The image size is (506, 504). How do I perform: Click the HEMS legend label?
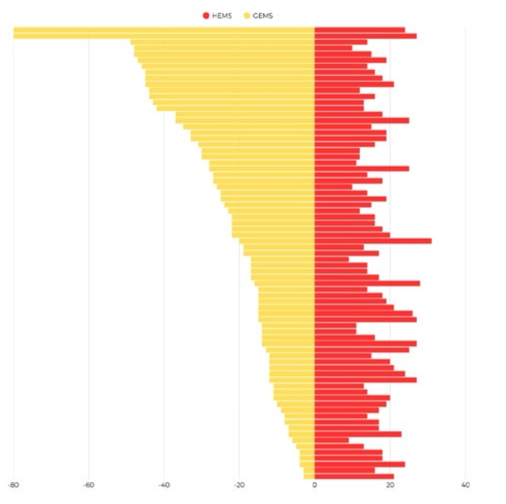[221, 16]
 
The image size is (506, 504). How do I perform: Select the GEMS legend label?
[263, 16]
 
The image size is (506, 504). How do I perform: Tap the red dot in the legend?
[206, 16]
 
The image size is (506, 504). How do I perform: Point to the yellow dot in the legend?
[247, 16]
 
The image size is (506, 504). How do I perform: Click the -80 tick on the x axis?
[13, 485]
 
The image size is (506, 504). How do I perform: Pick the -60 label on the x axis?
[89, 485]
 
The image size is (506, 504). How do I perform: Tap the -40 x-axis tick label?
[164, 485]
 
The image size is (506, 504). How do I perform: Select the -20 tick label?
[239, 485]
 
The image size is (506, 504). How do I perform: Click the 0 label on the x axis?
[314, 485]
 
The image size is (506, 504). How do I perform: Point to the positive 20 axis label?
[390, 485]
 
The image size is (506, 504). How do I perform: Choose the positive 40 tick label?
[465, 485]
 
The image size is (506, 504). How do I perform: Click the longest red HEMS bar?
[373, 241]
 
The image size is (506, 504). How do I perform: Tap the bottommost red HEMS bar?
[354, 476]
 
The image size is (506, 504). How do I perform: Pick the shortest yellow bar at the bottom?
[309, 476]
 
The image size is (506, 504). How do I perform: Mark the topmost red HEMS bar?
[360, 30]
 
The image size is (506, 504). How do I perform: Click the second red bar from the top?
[365, 36]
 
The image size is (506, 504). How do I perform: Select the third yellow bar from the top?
[223, 42]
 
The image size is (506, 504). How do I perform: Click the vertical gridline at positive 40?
[465, 245]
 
